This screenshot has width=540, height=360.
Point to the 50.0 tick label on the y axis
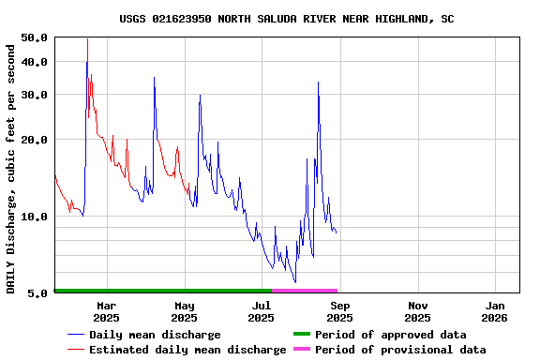click(x=34, y=37)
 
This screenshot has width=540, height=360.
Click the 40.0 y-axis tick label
click(x=34, y=62)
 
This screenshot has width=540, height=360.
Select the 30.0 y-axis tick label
click(x=34, y=95)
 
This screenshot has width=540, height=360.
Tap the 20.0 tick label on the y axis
click(x=34, y=140)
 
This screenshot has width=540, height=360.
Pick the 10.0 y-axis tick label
click(x=34, y=217)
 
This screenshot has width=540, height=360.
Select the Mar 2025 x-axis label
click(x=107, y=311)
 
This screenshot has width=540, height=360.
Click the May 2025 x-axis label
click(x=185, y=311)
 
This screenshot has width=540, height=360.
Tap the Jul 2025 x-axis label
click(x=262, y=311)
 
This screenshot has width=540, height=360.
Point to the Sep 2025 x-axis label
click(x=340, y=311)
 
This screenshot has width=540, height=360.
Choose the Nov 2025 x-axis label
click(x=418, y=311)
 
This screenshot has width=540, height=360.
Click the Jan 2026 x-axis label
click(x=496, y=311)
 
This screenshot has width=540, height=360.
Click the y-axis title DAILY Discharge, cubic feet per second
click(x=11, y=165)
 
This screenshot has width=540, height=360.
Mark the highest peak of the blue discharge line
click(x=87, y=39)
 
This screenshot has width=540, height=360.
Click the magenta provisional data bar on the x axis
click(x=305, y=291)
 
